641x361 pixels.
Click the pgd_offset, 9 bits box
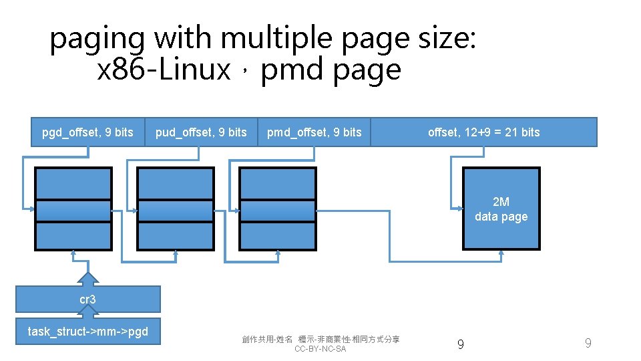pos(87,132)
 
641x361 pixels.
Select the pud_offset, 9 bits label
pos(201,132)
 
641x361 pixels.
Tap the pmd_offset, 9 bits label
pos(314,132)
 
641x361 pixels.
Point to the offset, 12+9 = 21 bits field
pos(483,132)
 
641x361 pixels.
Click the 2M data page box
pos(501,209)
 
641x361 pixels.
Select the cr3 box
pos(87,299)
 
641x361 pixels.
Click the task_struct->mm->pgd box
pos(87,332)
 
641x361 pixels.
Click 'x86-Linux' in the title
pos(164,70)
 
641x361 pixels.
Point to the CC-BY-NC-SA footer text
pos(320,349)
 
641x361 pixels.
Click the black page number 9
pos(460,344)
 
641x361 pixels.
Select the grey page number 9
pos(588,344)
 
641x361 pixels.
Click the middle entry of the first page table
pos(73,211)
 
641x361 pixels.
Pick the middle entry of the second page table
pos(176,211)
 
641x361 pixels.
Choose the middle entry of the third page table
pos(277,211)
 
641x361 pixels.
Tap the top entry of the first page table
pos(73,183)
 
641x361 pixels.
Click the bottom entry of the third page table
pos(277,236)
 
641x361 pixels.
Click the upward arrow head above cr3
pos(87,278)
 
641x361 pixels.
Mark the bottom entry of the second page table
pos(176,236)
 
